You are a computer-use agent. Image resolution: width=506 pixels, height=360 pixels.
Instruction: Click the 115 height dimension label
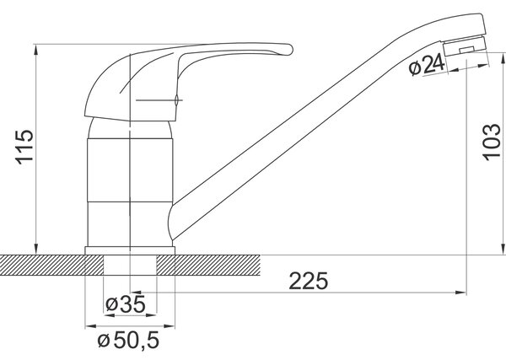coord(25,147)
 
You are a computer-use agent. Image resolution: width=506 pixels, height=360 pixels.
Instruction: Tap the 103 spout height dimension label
coord(491,142)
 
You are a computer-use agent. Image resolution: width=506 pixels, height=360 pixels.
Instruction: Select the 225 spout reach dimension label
coord(308,282)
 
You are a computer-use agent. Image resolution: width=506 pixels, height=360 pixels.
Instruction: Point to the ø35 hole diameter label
coord(126,304)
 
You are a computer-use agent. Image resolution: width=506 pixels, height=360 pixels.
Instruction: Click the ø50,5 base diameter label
coord(128,341)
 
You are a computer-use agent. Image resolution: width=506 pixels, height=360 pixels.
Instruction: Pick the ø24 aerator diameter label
coord(427,66)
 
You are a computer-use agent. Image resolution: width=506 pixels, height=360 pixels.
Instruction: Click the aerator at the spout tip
coord(465,46)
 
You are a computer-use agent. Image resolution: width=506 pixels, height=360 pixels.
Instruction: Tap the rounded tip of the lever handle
coord(289,50)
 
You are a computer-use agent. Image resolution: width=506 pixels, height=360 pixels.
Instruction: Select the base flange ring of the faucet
coord(130,250)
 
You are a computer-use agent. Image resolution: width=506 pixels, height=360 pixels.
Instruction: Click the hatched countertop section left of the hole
coord(51,266)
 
